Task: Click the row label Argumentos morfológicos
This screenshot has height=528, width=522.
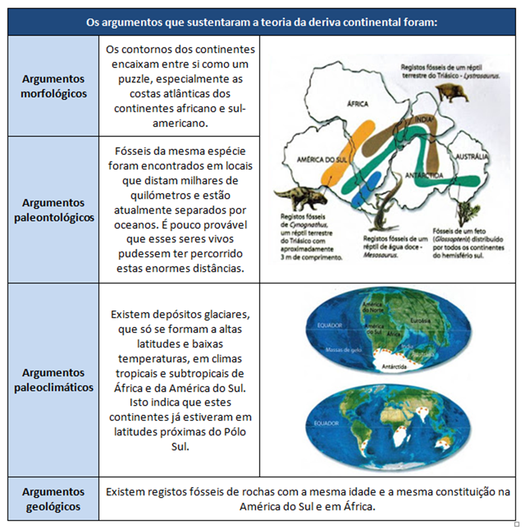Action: point(54,87)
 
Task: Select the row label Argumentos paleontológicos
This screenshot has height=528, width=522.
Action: point(54,210)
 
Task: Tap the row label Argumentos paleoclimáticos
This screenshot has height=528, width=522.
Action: point(54,380)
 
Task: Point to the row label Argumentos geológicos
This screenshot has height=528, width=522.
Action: point(54,499)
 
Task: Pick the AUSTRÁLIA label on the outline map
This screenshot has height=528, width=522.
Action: point(472,157)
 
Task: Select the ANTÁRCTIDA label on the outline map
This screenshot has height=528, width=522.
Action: point(425,174)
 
